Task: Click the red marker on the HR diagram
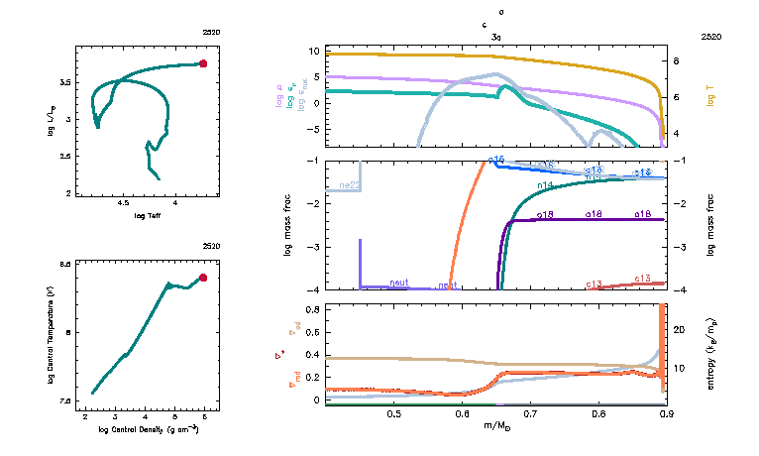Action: pos(203,63)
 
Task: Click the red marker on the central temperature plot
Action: pos(203,278)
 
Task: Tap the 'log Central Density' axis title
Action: pos(149,429)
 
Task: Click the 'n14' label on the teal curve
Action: pos(544,185)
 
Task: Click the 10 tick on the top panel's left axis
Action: pos(313,51)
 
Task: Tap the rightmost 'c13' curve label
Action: pos(641,279)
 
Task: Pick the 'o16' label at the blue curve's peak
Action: pos(496,159)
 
